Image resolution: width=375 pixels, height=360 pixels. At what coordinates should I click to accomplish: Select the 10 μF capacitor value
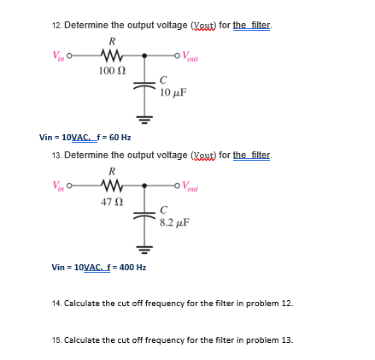(173, 90)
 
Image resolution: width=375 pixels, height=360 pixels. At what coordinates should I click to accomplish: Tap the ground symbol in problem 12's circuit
(145, 115)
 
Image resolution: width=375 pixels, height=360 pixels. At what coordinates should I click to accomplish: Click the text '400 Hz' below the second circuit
(132, 267)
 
